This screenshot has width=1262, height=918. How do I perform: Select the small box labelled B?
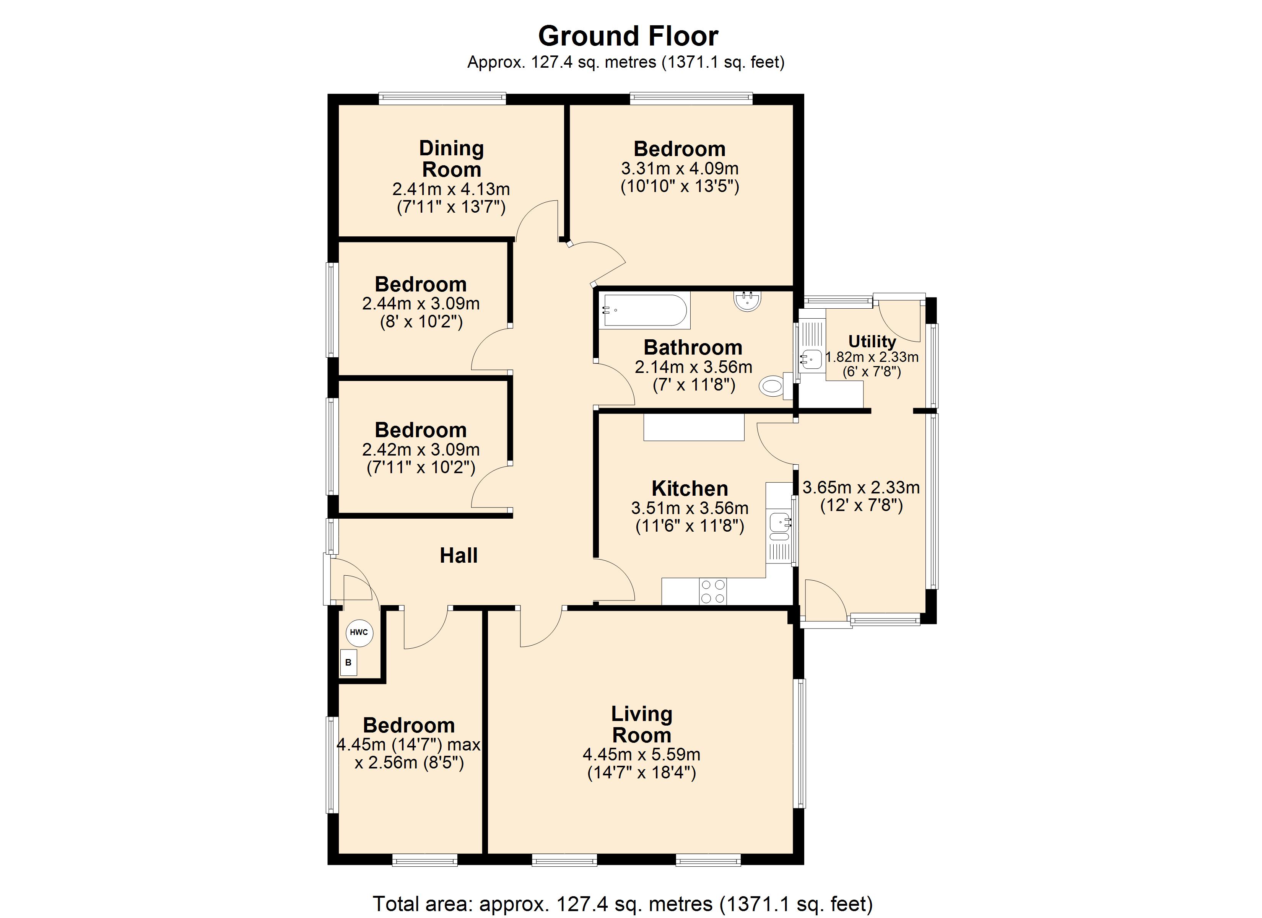pos(348,662)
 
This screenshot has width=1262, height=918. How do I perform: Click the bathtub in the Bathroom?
pos(644,310)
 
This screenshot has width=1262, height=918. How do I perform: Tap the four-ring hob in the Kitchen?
pos(713,592)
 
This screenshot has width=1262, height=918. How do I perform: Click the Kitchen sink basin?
pos(780,522)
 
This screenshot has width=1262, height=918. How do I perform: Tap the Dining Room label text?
pos(451,159)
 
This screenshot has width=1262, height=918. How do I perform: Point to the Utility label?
pos(872,341)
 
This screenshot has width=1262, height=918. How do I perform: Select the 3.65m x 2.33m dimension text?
pos(861,488)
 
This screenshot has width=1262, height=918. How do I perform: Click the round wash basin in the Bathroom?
pos(748,301)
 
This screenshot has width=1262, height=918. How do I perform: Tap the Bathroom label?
pos(693,347)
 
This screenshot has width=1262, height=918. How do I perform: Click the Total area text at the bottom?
pos(623,903)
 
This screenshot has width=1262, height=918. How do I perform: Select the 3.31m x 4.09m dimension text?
pos(680,168)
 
